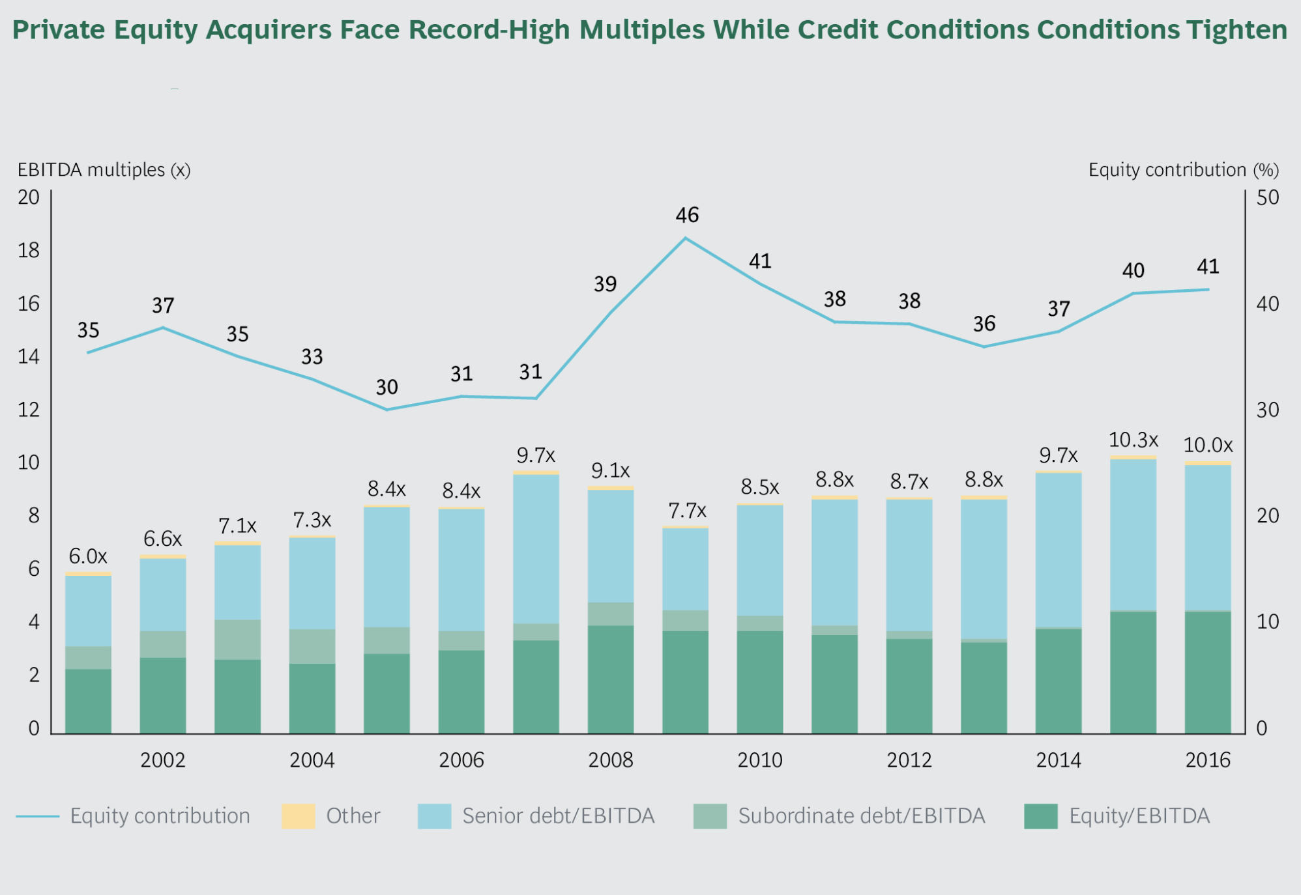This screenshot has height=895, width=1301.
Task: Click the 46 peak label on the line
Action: [687, 215]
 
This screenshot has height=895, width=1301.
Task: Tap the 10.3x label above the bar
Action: [1133, 440]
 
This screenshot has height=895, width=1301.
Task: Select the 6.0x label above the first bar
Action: [88, 556]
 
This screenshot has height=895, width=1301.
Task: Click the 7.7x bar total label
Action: [687, 510]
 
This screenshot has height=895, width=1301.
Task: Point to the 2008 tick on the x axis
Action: [611, 760]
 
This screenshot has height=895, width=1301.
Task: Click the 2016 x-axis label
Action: [1208, 760]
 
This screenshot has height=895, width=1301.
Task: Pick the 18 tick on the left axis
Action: [29, 251]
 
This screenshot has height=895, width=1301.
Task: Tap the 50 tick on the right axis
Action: [1268, 197]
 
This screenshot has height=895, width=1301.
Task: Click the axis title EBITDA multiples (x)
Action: [104, 170]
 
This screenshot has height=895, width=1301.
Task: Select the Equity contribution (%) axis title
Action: [1184, 170]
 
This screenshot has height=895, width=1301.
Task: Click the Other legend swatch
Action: [298, 816]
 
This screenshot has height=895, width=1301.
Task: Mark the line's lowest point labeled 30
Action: [387, 410]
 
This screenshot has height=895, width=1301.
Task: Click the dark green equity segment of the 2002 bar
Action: [163, 696]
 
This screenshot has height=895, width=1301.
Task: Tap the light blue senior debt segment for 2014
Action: [1059, 550]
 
